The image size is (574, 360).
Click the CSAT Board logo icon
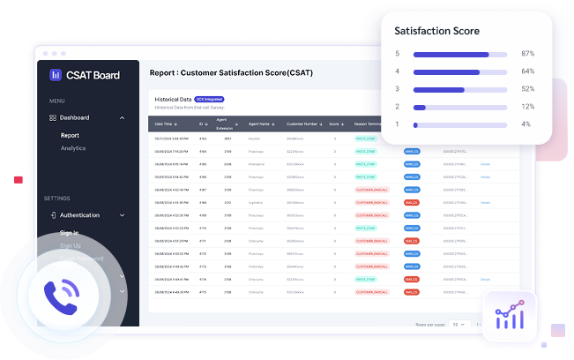[55, 75]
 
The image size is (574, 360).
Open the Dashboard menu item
[74, 117]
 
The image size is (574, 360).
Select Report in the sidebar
[70, 136]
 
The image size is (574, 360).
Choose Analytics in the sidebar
[73, 147]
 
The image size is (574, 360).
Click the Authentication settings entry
[79, 215]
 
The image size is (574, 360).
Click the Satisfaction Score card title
[436, 31]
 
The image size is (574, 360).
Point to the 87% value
[527, 54]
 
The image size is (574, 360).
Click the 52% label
[527, 89]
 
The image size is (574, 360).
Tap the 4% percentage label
[526, 124]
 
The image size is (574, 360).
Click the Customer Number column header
[302, 124]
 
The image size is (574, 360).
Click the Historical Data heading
[173, 100]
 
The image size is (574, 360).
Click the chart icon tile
[510, 314]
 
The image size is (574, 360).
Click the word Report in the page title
[163, 73]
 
